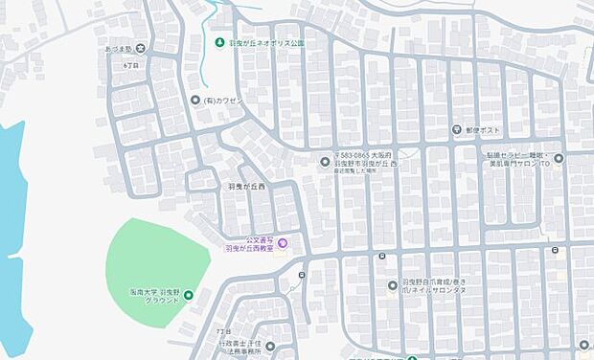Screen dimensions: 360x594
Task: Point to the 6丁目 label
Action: click(x=131, y=65)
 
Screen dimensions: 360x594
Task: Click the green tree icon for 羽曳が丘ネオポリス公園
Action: click(x=220, y=43)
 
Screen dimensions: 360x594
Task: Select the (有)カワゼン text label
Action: click(x=222, y=100)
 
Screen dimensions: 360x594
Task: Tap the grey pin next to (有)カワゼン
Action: click(x=195, y=100)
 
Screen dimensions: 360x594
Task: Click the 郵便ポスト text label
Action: click(x=484, y=131)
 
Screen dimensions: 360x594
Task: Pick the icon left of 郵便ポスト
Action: click(x=458, y=131)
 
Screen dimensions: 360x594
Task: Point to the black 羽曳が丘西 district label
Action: click(x=246, y=187)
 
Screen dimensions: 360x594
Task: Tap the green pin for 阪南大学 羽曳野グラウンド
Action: click(x=189, y=294)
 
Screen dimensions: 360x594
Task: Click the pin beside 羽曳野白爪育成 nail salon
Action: click(x=393, y=284)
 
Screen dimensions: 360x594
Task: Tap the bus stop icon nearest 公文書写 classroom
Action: click(x=302, y=276)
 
